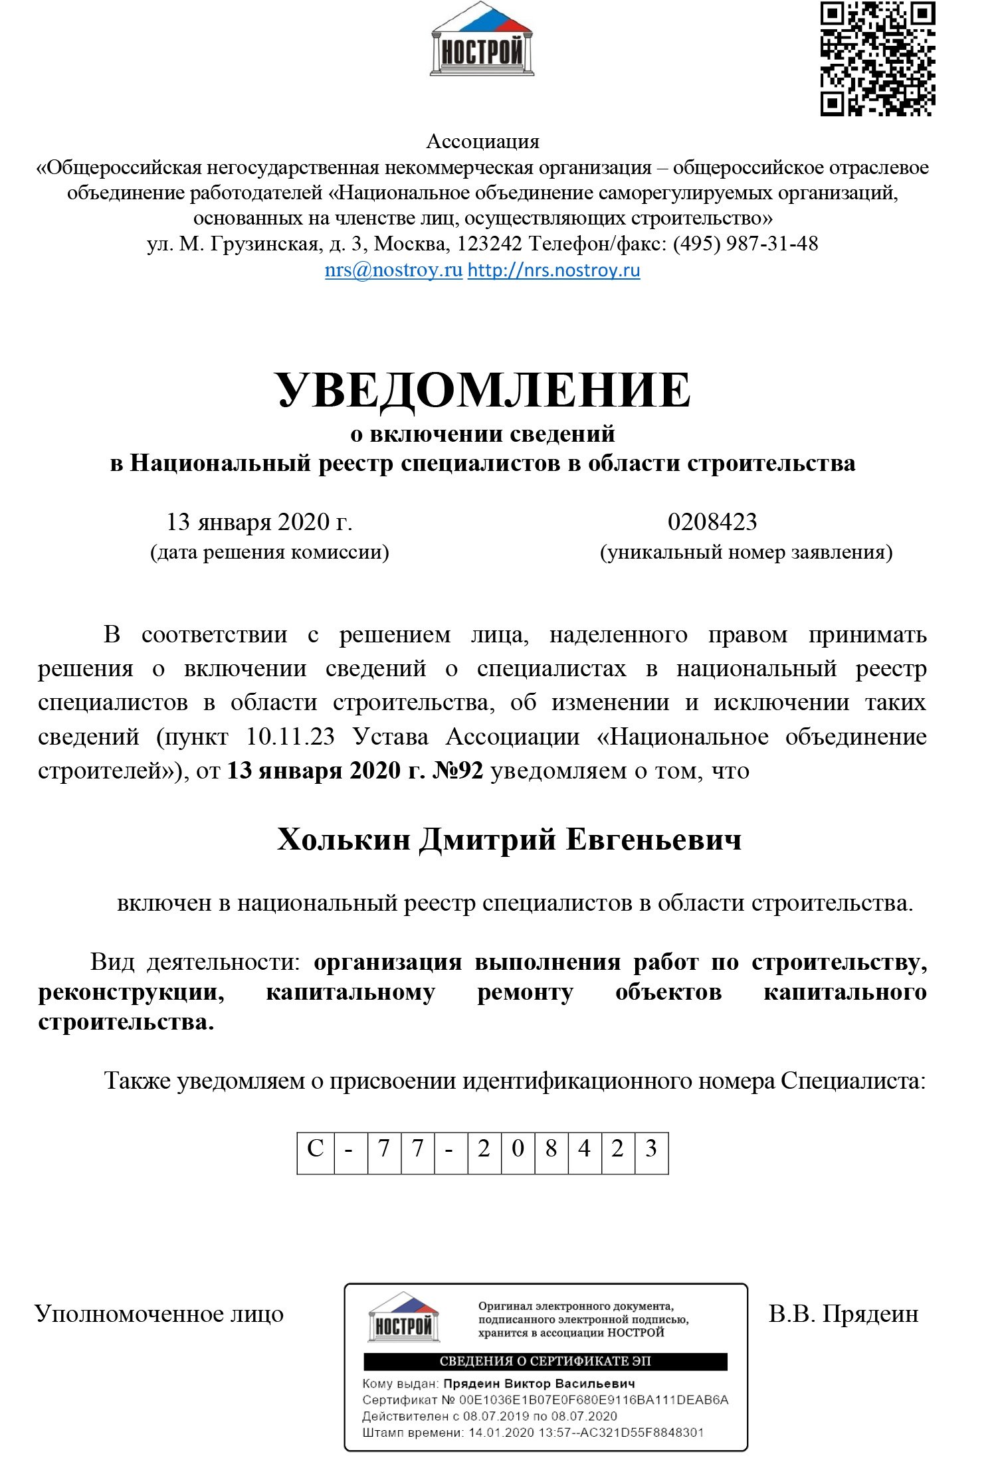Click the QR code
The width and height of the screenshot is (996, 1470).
(877, 58)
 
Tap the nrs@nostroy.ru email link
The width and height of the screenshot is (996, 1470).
(393, 270)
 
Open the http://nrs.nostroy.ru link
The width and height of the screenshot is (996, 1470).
(553, 270)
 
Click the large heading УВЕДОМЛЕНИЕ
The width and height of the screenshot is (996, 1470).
(482, 390)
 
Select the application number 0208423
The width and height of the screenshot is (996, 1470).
(712, 522)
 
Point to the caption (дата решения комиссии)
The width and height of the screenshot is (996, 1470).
(270, 552)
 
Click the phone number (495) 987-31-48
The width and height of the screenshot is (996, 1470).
(746, 244)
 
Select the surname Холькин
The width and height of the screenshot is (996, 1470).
(344, 840)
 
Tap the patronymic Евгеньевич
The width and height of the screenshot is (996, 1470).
(654, 840)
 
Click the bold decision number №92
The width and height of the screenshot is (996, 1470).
(458, 771)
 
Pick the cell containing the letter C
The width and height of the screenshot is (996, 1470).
(316, 1148)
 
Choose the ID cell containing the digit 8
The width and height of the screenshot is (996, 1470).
(551, 1148)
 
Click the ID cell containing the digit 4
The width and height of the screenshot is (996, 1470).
(585, 1148)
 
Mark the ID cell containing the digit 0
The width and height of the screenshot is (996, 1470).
(518, 1148)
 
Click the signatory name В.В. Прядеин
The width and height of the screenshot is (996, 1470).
(843, 1314)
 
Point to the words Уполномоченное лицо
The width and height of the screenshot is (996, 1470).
(159, 1314)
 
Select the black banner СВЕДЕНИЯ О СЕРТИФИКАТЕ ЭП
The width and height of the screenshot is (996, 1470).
(545, 1361)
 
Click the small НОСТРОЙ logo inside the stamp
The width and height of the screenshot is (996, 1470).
(404, 1319)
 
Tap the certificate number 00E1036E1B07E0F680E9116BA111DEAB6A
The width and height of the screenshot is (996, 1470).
(594, 1400)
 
